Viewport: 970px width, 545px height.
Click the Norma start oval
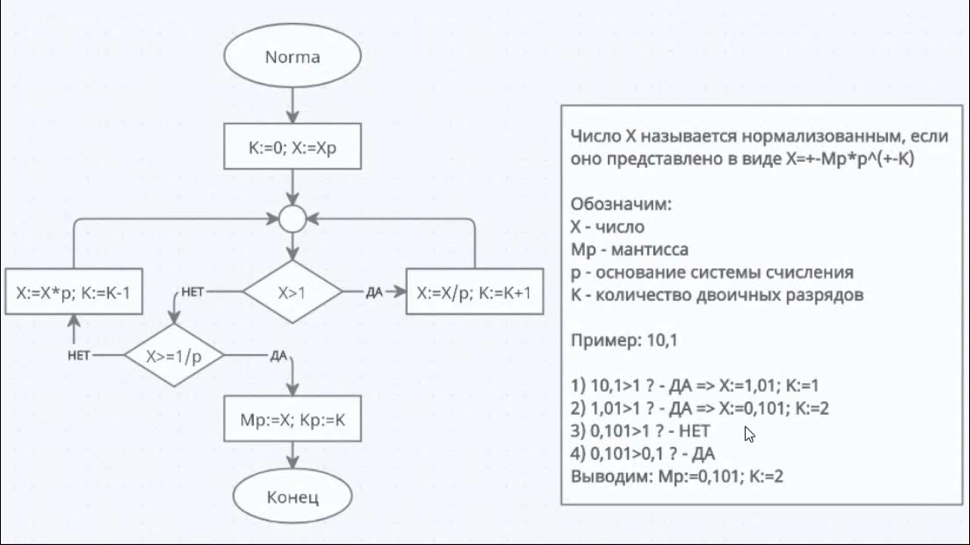292,58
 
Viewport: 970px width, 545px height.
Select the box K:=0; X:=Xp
292,148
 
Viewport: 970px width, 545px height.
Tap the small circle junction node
292,219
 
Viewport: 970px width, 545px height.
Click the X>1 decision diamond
292,291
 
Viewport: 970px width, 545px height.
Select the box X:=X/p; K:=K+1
474,291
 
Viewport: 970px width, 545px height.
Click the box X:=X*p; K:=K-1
74,291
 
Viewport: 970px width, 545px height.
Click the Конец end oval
292,497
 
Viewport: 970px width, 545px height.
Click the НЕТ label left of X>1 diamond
192,292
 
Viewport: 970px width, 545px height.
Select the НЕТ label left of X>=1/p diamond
80,355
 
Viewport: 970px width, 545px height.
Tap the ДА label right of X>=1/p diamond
278,355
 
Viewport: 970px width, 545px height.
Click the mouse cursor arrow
749,434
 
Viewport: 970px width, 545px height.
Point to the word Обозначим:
621,204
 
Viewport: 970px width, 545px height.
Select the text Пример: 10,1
624,341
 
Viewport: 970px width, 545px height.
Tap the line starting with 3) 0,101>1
640,431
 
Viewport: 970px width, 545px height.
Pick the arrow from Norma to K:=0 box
292,104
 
